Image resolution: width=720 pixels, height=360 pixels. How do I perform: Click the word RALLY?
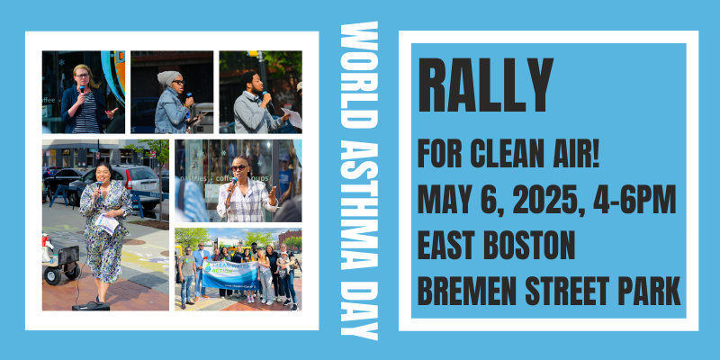485,85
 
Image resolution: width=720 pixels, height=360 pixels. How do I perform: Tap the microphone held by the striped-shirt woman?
82,90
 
